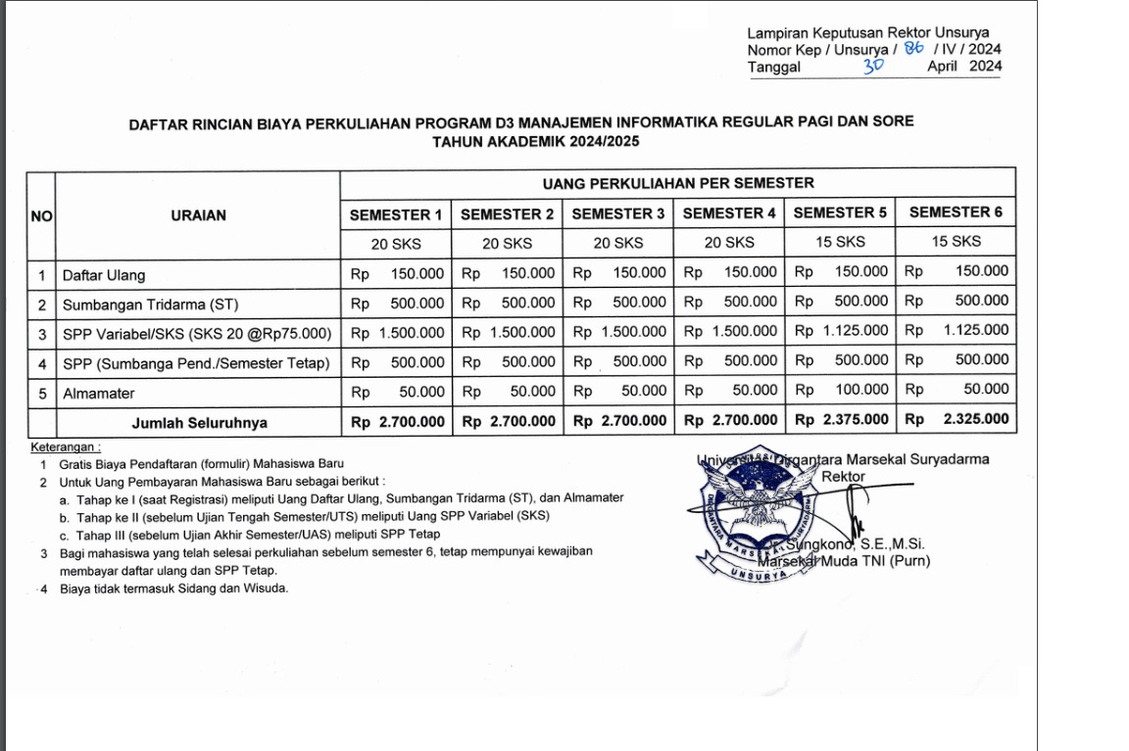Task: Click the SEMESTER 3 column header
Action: click(617, 213)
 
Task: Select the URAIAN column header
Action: click(198, 215)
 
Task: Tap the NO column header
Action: click(41, 215)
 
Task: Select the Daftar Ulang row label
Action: click(104, 275)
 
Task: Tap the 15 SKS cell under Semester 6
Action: click(956, 241)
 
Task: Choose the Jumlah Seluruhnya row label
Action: click(200, 423)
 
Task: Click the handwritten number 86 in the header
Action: click(914, 47)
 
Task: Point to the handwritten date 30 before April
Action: click(873, 67)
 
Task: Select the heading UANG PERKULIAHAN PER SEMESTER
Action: click(678, 183)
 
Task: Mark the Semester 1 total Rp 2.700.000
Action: click(396, 422)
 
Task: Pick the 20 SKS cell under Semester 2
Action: click(507, 243)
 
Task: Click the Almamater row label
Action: click(98, 394)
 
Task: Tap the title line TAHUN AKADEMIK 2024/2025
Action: click(521, 141)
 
